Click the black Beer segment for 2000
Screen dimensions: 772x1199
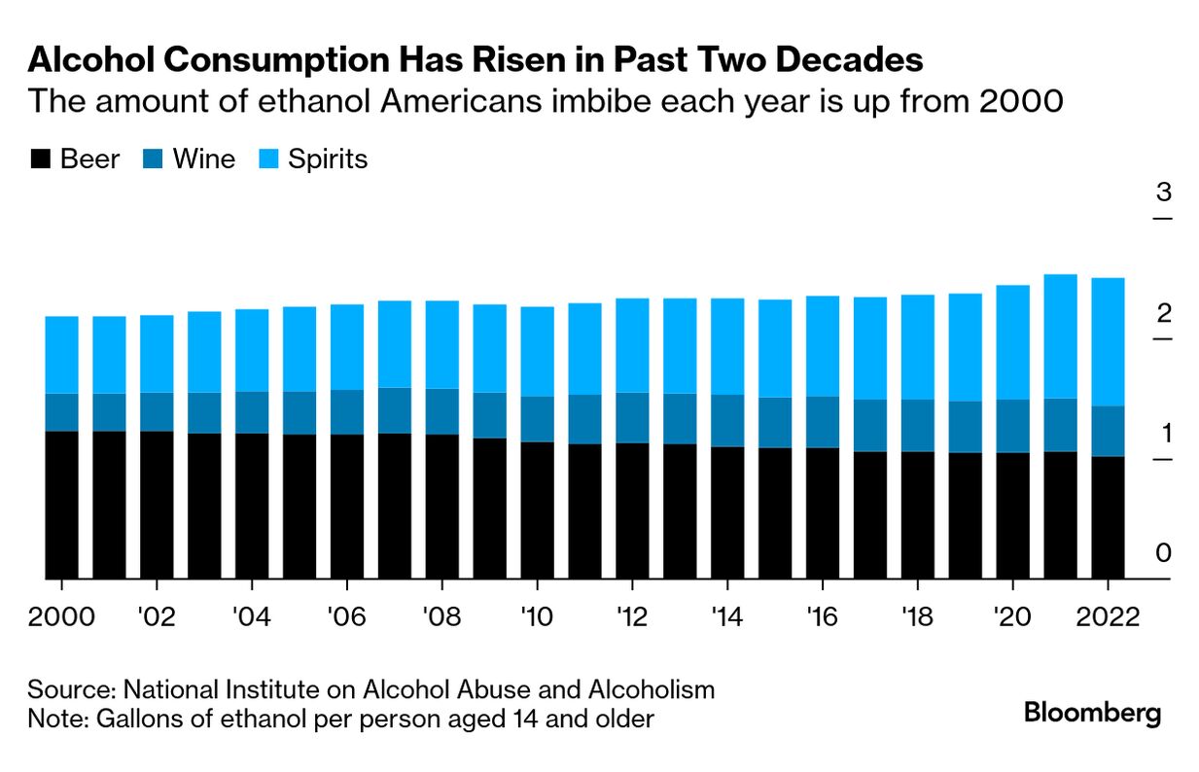[61, 505]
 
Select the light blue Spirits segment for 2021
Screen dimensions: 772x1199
[1060, 335]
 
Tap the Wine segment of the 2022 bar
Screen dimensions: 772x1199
[1108, 431]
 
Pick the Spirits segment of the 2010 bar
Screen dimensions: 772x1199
[537, 351]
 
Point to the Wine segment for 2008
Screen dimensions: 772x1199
[441, 411]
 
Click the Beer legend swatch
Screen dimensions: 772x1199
[40, 159]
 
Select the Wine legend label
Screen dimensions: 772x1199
[204, 159]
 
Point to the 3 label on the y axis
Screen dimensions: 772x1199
[1163, 193]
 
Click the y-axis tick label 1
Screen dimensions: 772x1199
[1163, 434]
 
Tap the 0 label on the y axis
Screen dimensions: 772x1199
[1163, 554]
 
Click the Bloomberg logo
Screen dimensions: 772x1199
[1092, 714]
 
